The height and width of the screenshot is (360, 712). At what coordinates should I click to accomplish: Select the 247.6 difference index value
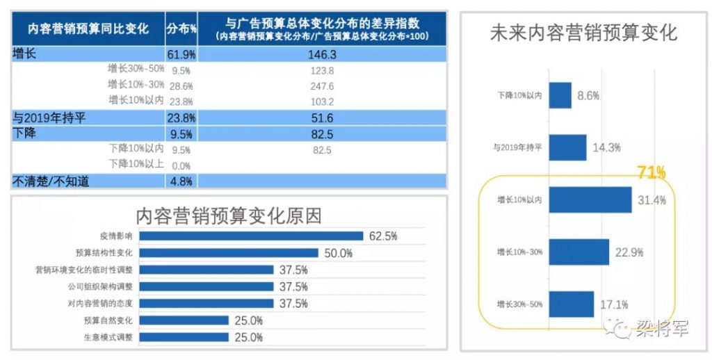[322, 86]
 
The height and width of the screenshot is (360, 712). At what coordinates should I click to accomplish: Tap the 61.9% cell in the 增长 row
[181, 54]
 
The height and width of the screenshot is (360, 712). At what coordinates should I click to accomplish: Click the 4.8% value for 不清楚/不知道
[181, 181]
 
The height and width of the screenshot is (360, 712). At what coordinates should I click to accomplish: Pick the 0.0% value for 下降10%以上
[181, 165]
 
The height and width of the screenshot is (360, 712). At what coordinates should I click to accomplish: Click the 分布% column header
[181, 28]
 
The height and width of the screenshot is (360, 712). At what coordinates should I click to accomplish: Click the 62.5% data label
[383, 236]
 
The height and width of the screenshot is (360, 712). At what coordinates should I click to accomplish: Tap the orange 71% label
[652, 172]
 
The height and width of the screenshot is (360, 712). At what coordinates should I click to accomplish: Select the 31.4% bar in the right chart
[590, 200]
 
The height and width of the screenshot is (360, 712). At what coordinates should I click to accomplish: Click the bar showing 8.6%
[560, 96]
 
